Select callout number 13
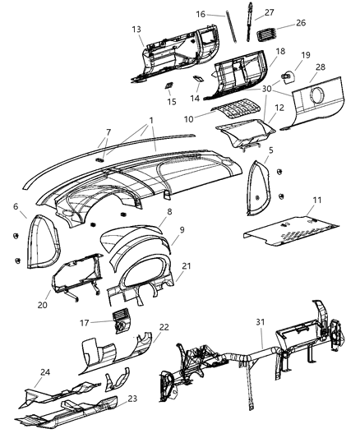136,28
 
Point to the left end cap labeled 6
38,241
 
